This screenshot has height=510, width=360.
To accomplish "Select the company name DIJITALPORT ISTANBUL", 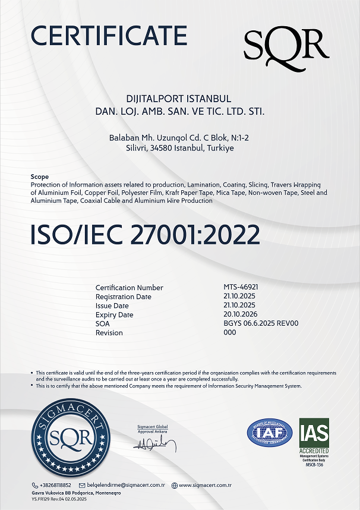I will click(179, 99).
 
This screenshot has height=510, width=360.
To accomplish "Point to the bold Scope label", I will click(39, 177).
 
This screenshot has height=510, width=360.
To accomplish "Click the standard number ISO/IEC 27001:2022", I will click(145, 235).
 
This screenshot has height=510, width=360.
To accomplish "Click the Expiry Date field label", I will click(115, 314).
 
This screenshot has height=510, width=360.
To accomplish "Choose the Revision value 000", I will click(229, 332).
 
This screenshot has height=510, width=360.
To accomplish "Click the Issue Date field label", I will click(112, 306).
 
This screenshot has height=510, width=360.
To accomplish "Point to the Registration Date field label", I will click(124, 297).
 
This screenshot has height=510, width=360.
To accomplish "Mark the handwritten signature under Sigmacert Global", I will click(156, 444).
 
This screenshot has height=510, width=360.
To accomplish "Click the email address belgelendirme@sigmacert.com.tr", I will click(126, 485).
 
